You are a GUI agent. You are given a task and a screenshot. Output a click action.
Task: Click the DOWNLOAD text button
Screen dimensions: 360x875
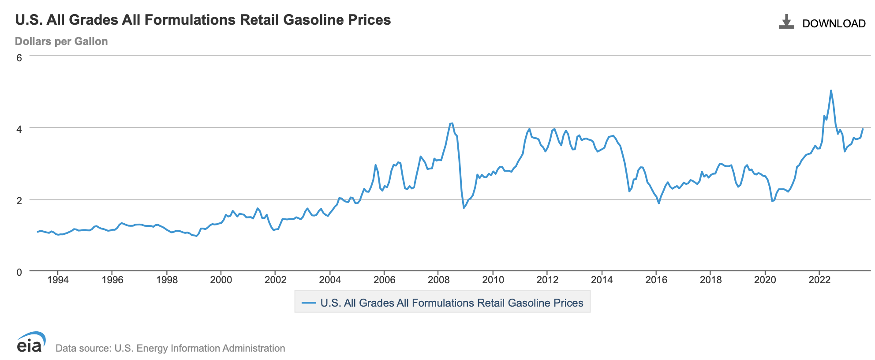834,24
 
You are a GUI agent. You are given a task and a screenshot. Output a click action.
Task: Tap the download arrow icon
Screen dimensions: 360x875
786,22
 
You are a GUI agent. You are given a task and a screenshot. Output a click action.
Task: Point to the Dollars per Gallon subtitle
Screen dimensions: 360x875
61,41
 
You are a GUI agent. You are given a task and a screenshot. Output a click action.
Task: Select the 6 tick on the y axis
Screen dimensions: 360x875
19,58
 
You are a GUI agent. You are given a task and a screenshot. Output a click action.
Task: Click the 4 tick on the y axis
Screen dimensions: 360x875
19,129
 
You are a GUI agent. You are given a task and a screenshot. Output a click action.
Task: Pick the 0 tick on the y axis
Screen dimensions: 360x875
19,272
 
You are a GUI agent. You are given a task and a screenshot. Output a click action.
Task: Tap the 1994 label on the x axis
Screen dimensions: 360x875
58,280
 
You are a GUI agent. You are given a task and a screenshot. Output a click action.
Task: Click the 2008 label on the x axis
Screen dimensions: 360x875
438,280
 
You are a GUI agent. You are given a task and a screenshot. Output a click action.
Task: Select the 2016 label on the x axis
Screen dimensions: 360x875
656,280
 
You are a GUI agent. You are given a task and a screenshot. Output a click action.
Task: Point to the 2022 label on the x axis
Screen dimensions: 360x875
819,280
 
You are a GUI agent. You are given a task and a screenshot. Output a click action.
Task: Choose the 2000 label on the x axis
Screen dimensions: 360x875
221,280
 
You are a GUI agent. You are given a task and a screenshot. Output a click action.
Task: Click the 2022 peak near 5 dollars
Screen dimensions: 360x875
831,91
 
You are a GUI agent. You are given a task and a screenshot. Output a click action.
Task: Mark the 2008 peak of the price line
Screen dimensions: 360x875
452,123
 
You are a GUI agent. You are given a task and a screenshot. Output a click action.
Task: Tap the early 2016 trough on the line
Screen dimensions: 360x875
659,203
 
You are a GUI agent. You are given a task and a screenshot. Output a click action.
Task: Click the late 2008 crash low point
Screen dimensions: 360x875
464,207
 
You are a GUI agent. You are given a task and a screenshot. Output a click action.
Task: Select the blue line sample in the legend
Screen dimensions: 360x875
309,303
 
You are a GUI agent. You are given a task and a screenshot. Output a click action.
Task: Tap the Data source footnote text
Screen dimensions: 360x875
170,348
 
